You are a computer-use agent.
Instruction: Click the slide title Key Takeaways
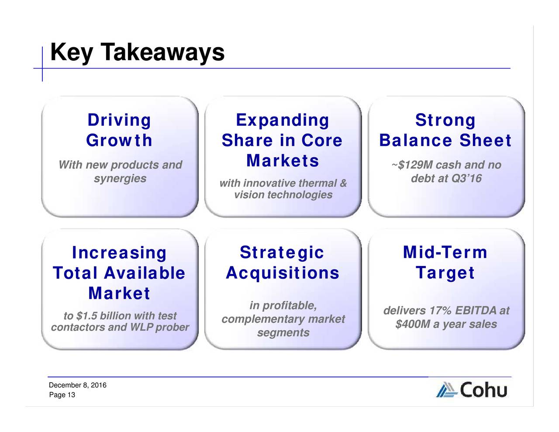[x=137, y=53]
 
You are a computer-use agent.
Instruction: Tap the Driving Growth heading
[x=119, y=130]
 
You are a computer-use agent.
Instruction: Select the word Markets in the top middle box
[x=283, y=161]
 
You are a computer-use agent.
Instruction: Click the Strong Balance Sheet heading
[x=445, y=130]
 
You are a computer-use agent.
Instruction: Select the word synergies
[x=120, y=179]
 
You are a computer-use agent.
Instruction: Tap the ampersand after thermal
[x=343, y=183]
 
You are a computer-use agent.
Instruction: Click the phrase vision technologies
[x=283, y=195]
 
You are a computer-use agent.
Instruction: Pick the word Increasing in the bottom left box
[x=119, y=253]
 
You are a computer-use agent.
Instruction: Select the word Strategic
[x=282, y=252]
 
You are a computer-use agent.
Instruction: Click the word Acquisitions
[x=283, y=273]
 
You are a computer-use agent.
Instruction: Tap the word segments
[x=283, y=333]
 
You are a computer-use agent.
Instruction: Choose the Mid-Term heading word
[x=445, y=252]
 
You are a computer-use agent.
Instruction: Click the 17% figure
[x=440, y=311]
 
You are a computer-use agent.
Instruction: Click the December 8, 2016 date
[x=77, y=385]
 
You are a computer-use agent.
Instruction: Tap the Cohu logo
[x=472, y=390]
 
